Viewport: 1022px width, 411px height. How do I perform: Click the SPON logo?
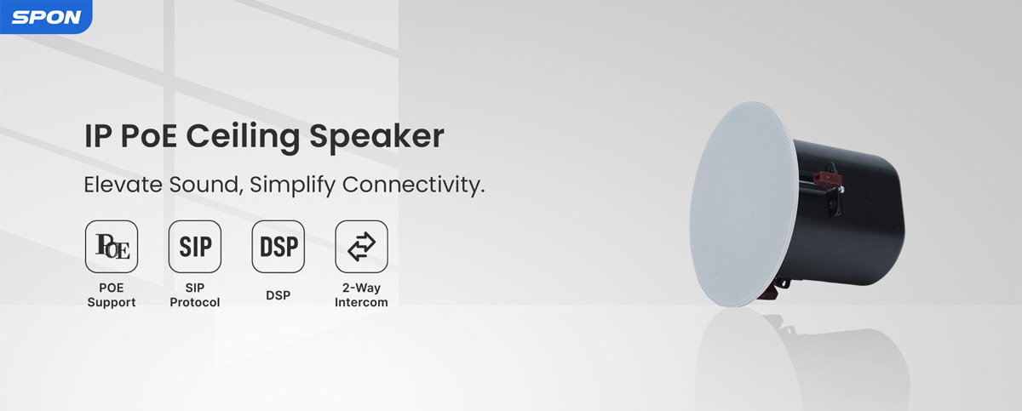pos(46,17)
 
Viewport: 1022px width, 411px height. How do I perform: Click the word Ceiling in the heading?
pos(244,137)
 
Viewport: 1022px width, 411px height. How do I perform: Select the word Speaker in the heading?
pos(376,136)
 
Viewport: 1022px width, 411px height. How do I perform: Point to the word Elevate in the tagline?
pos(123,185)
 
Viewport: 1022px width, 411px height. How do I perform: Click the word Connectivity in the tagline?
pos(413,185)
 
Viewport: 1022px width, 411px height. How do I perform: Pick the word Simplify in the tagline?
pos(292,186)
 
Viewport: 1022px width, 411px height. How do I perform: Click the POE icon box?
pos(112,247)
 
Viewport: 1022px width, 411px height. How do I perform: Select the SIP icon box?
pos(195,247)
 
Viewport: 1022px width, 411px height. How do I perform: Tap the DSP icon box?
pos(278,247)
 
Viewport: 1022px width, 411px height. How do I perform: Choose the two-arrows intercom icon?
pos(361,247)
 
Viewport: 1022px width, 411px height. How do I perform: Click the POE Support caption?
pos(112,294)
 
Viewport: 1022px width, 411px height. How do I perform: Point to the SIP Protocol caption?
pos(195,294)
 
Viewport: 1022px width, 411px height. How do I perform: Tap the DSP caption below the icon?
pos(278,295)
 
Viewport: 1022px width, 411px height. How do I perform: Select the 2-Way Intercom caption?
pos(361,294)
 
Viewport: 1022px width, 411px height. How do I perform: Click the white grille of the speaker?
pos(744,204)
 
